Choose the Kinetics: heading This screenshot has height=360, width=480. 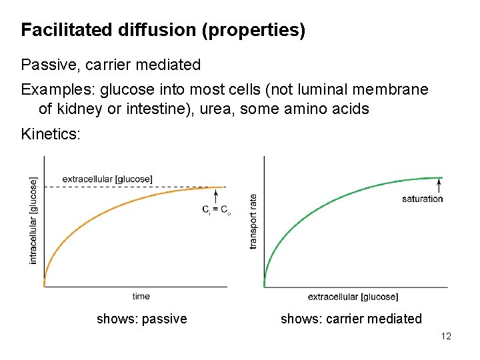click(51, 134)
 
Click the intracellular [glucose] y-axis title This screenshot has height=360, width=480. click(34, 219)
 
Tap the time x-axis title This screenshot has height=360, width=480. click(141, 296)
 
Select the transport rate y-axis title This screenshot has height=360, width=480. click(253, 221)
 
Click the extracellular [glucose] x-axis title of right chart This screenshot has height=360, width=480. click(353, 297)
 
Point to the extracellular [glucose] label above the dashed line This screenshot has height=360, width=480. click(107, 179)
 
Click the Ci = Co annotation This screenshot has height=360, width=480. click(217, 210)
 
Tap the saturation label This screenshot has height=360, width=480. click(422, 199)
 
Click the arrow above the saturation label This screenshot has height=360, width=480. click(439, 185)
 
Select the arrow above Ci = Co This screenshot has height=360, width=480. click(217, 195)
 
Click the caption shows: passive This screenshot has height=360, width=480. click(142, 319)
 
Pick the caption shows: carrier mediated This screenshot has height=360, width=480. click(351, 319)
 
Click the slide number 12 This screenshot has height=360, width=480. click(446, 336)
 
